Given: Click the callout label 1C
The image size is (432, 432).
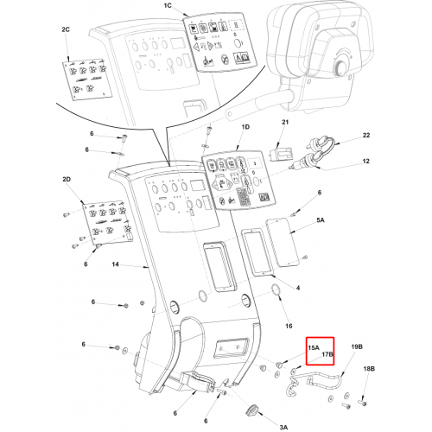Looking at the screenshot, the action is pyautogui.click(x=168, y=6).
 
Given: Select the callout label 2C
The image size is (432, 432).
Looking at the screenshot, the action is pyautogui.click(x=66, y=29).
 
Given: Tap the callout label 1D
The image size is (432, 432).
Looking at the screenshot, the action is pyautogui.click(x=245, y=127).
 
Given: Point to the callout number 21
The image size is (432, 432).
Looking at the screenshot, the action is pyautogui.click(x=285, y=122).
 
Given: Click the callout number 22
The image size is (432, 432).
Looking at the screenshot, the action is pyautogui.click(x=366, y=135).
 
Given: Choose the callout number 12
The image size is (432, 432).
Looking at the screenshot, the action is pyautogui.click(x=366, y=161).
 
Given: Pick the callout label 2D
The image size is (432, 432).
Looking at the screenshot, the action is pyautogui.click(x=67, y=180).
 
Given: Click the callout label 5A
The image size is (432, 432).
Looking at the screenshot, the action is pyautogui.click(x=321, y=220).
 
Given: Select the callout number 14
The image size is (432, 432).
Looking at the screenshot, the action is pyautogui.click(x=115, y=264).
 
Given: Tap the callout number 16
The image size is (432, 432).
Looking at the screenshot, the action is pyautogui.click(x=289, y=326).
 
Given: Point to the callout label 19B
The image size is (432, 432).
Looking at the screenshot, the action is pyautogui.click(x=357, y=346).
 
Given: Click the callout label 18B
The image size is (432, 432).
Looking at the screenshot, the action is pyautogui.click(x=369, y=369).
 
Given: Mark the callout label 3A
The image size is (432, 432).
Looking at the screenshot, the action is pyautogui.click(x=283, y=427).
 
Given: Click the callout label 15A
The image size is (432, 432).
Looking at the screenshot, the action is pyautogui.click(x=314, y=347).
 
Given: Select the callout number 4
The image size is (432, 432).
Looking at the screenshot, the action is pyautogui.click(x=298, y=288).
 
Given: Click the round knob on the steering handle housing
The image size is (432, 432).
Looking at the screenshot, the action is pyautogui.click(x=340, y=67).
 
